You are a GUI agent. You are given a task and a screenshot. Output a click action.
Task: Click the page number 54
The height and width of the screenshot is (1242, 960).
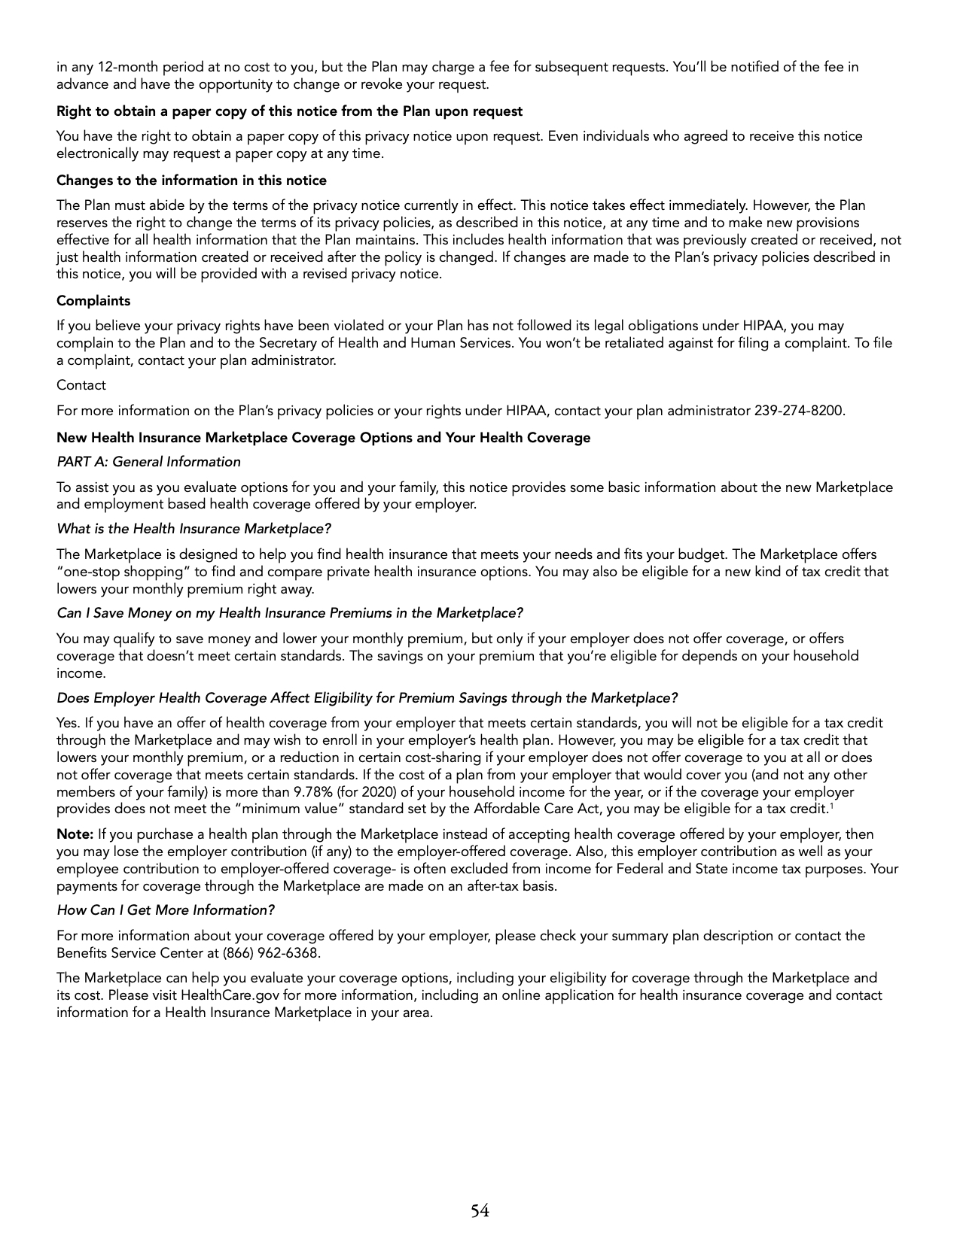pos(480,1210)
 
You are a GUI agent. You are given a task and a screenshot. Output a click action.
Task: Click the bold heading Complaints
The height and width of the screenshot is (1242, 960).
pos(93,301)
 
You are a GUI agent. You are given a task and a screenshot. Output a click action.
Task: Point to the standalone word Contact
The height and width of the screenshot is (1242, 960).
pos(81,385)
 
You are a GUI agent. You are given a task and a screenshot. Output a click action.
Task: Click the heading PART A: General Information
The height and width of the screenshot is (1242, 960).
pos(148,462)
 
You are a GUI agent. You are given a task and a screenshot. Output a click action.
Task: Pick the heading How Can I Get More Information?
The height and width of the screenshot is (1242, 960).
pos(166,910)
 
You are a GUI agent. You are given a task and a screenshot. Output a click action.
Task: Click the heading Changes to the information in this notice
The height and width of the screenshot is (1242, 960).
pos(191,181)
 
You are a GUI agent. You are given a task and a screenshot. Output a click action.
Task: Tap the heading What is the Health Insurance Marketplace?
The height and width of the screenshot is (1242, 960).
pos(194,529)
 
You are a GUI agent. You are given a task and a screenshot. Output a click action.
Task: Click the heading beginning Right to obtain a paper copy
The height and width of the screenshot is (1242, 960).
pos(289,111)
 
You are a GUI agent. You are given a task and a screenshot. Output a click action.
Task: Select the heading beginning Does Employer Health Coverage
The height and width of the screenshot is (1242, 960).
pos(367,698)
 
